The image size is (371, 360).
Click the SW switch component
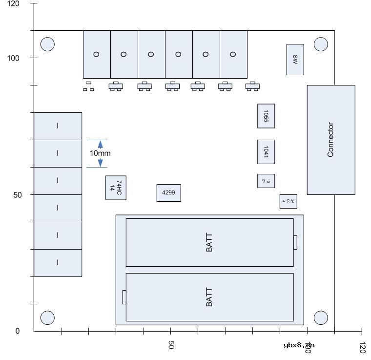[295, 60]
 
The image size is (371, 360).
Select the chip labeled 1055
[266, 116]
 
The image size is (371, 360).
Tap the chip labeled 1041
[266, 152]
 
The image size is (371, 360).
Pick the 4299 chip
[168, 193]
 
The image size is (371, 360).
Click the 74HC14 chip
[116, 188]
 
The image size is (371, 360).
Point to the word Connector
[330, 140]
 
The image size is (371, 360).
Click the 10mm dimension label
[100, 153]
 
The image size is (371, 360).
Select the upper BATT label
[209, 242]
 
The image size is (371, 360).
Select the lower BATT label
[209, 297]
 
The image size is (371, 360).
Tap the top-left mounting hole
[47, 44]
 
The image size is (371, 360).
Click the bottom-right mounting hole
[321, 318]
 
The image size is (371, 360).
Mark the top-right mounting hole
[321, 44]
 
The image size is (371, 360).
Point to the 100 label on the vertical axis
[13, 58]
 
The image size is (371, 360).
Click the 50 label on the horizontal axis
[171, 345]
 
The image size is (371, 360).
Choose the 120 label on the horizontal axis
[362, 347]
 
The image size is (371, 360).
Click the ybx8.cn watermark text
[299, 345]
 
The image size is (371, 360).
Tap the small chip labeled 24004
[288, 201]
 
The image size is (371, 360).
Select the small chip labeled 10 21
[266, 181]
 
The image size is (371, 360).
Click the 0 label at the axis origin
[18, 331]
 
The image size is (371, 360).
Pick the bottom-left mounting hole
[47, 318]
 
